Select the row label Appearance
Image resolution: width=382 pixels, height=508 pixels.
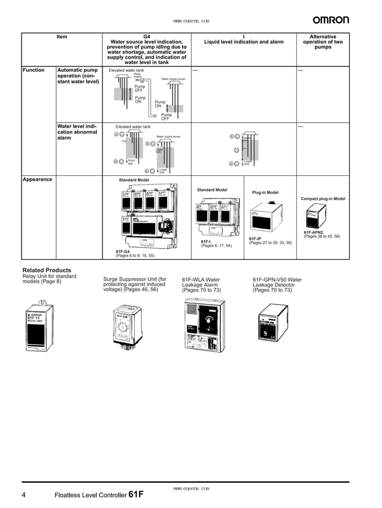click(x=37, y=180)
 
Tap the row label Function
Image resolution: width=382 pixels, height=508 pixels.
click(x=34, y=70)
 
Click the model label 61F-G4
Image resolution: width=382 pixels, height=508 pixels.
click(x=123, y=252)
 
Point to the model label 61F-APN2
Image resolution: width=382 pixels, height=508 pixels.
click(x=314, y=232)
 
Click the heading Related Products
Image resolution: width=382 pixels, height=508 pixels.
click(x=47, y=270)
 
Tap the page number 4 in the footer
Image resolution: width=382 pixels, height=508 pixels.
click(x=24, y=495)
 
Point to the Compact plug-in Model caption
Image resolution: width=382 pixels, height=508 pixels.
click(x=323, y=199)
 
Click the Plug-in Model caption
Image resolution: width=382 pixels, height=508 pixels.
click(x=265, y=193)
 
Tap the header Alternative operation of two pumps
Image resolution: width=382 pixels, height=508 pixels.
click(x=323, y=42)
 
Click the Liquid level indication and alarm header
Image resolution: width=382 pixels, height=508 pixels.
click(x=244, y=42)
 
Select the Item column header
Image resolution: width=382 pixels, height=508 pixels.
click(x=62, y=36)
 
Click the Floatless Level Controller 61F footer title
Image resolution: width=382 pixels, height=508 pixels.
click(x=99, y=495)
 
